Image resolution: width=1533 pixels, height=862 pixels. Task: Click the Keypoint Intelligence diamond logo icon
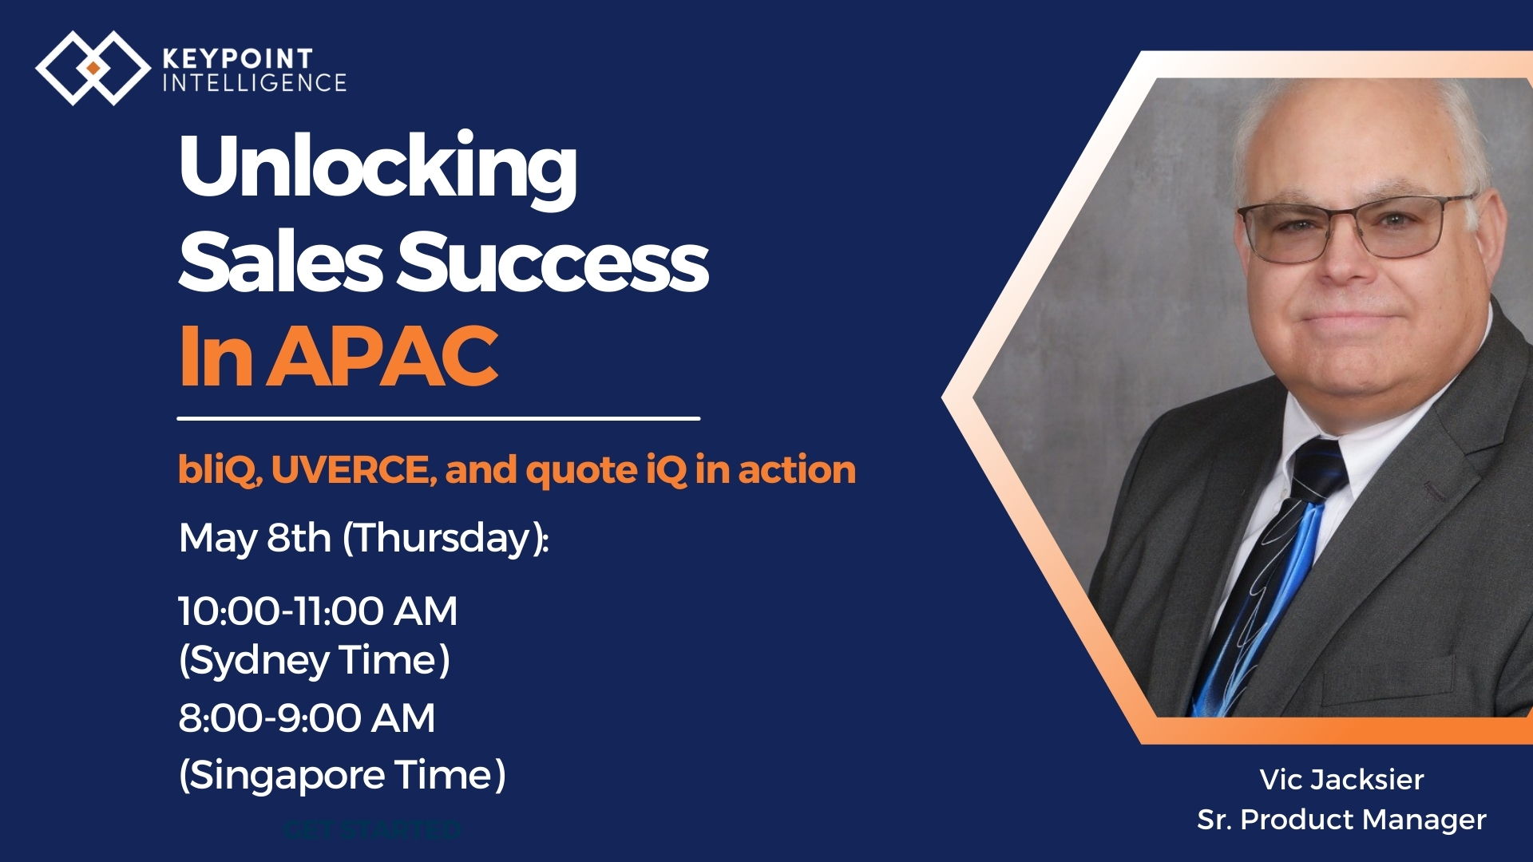(93, 68)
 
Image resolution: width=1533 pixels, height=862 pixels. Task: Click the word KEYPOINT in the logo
(238, 58)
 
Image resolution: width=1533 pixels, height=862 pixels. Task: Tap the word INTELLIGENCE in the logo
(255, 83)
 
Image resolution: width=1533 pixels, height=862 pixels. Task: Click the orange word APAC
(382, 356)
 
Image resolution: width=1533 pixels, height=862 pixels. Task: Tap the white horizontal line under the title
(438, 417)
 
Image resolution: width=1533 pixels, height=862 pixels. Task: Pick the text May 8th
(255, 539)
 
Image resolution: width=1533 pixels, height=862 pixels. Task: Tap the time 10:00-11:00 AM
(318, 611)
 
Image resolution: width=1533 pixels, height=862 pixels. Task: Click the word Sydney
(256, 662)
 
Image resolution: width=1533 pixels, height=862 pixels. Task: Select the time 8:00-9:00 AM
(307, 718)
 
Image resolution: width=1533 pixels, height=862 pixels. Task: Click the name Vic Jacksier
(1341, 780)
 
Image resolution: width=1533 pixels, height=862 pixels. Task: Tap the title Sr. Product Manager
(1341, 820)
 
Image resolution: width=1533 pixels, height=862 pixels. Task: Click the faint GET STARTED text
(373, 830)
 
